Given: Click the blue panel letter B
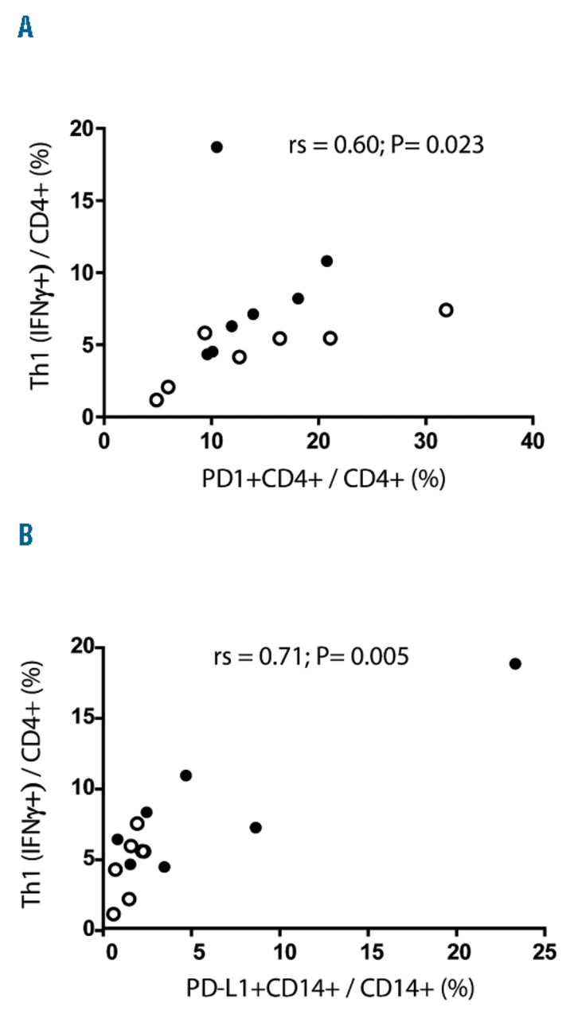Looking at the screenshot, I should tap(26, 535).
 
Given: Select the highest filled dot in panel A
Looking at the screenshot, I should tap(217, 147).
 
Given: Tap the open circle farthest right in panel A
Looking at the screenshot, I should tap(446, 309).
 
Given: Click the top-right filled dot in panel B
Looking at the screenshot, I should tap(515, 663).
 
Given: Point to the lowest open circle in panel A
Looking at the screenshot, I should tap(157, 399).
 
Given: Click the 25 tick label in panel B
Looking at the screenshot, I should tap(545, 952).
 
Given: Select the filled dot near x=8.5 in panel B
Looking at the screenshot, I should tap(256, 827).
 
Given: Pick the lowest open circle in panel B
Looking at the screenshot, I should tap(114, 914).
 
